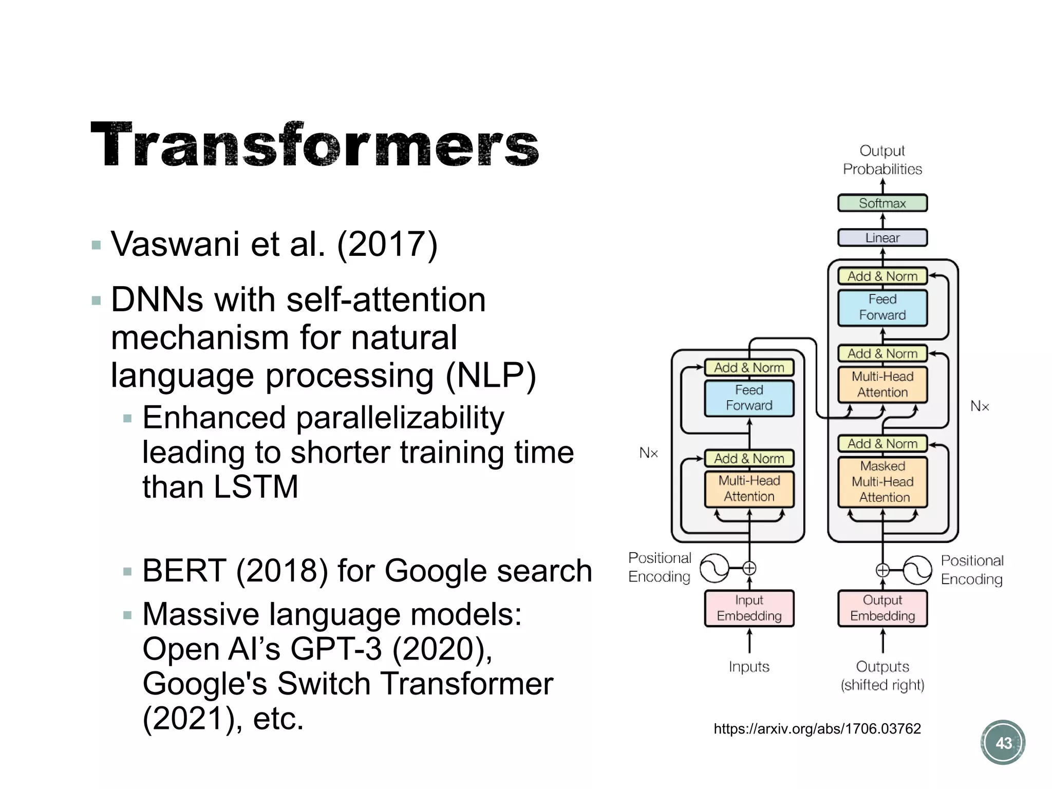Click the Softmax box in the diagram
pyautogui.click(x=882, y=203)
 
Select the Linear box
pyautogui.click(x=882, y=238)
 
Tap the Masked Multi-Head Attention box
pyautogui.click(x=882, y=482)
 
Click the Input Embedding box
pyautogui.click(x=749, y=608)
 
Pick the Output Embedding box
pyautogui.click(x=882, y=608)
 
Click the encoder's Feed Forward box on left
pyautogui.click(x=749, y=398)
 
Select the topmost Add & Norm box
pyautogui.click(x=882, y=276)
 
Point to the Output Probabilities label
pyautogui.click(x=882, y=160)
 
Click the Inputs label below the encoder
pyautogui.click(x=749, y=667)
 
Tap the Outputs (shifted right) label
pyautogui.click(x=882, y=675)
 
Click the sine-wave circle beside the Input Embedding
pyautogui.click(x=715, y=568)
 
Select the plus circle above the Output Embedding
pyautogui.click(x=882, y=570)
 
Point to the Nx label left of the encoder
pyautogui.click(x=648, y=453)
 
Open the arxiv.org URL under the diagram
pyautogui.click(x=817, y=728)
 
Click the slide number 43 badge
pyautogui.click(x=1003, y=743)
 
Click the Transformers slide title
pyautogui.click(x=314, y=145)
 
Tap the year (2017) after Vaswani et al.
pyautogui.click(x=387, y=244)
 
